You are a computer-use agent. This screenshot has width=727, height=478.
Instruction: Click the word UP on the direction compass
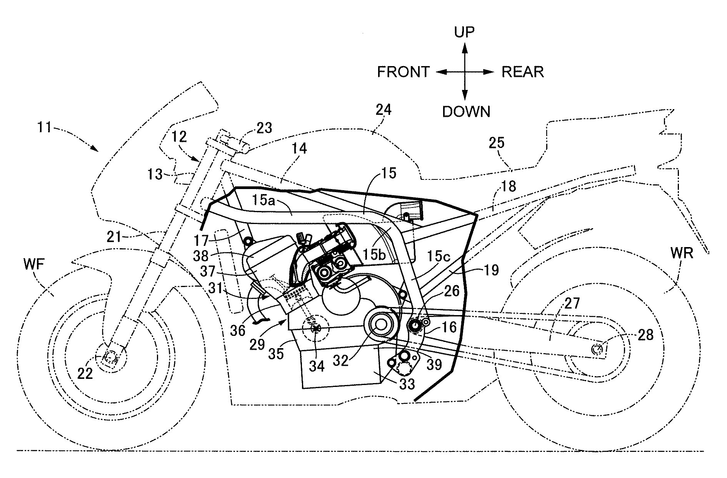465,32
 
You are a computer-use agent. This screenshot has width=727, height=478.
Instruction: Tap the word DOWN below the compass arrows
466,111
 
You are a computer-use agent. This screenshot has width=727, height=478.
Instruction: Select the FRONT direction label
403,72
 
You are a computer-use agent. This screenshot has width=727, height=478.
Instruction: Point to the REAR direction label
523,72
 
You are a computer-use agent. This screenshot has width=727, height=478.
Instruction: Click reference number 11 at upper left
45,127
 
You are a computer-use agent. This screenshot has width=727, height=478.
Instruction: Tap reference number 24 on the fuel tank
383,110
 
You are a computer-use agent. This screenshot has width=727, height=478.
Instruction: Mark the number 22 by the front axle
85,373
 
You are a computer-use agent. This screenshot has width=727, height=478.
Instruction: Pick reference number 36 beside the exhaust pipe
238,330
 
